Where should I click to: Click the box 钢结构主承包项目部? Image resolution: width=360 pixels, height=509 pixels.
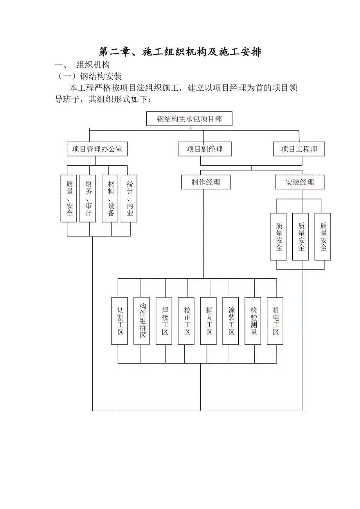[x=189, y=119]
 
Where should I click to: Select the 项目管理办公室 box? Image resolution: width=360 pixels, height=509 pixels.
[x=97, y=149]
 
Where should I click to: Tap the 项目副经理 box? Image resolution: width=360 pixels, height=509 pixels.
[x=205, y=149]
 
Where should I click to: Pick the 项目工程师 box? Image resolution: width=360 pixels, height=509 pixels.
[x=299, y=149]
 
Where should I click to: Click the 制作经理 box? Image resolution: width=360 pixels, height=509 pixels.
[x=206, y=182]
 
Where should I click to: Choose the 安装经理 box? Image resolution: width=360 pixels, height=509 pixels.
[x=300, y=182]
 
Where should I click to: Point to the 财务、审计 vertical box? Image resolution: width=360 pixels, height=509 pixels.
[x=88, y=199]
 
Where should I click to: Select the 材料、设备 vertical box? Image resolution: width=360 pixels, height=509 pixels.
[x=110, y=199]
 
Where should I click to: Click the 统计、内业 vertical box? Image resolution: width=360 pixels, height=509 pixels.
[x=130, y=199]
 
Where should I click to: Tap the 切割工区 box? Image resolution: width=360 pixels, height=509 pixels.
[x=120, y=321]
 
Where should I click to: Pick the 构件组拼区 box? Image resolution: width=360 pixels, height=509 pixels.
[x=142, y=321]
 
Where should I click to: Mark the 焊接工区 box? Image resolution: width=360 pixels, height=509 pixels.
[x=164, y=321]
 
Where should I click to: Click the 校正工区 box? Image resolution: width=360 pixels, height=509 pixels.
[x=186, y=321]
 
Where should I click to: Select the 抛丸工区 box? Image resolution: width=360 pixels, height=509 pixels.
[x=209, y=321]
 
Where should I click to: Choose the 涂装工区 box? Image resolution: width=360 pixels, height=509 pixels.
[x=231, y=321]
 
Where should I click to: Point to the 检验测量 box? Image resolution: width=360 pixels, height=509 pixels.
[x=253, y=321]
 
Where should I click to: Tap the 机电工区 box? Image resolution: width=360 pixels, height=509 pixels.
[x=275, y=321]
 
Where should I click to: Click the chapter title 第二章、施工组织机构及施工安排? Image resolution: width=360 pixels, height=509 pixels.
[x=180, y=52]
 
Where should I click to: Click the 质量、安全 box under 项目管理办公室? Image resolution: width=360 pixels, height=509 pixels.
[x=69, y=199]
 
